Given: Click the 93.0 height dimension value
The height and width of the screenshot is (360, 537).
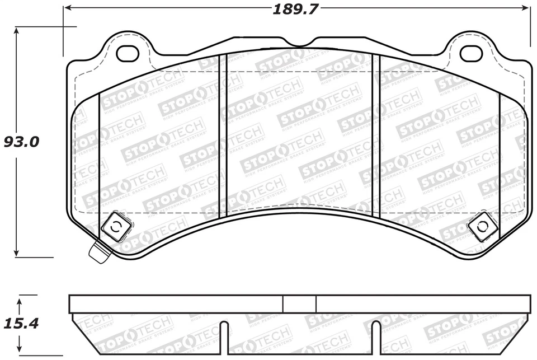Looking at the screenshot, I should point(21,142).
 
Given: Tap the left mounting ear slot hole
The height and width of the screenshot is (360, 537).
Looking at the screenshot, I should point(128,53).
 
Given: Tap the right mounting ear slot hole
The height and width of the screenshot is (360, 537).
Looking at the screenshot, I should point(470,53).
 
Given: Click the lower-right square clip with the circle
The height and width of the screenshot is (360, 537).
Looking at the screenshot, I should point(482,226).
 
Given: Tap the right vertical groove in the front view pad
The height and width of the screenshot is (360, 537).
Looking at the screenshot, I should point(376,134).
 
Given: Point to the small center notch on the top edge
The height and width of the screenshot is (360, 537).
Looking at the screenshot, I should point(299,44).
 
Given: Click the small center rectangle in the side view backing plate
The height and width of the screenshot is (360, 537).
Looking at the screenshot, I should point(299,304).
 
